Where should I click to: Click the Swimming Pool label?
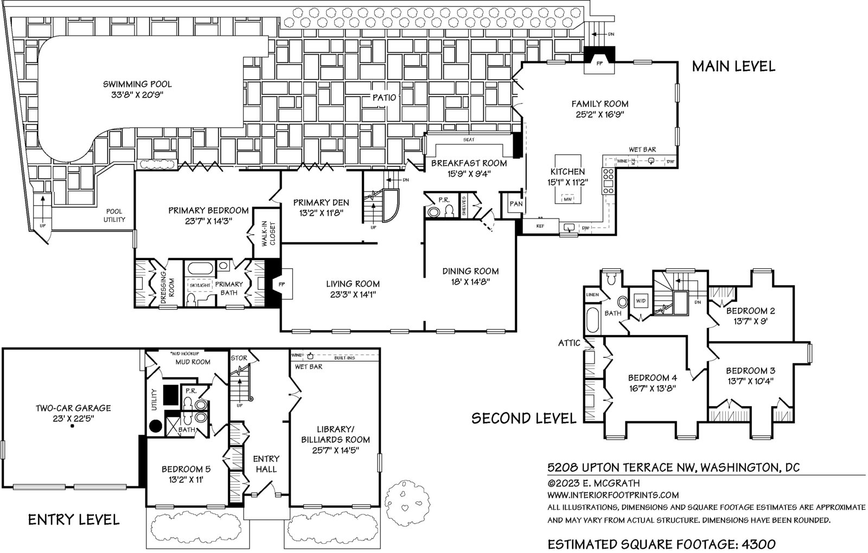click(x=137, y=84)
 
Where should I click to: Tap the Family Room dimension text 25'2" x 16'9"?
click(x=599, y=115)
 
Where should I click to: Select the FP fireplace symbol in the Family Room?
click(x=599, y=63)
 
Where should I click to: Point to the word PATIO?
click(x=384, y=98)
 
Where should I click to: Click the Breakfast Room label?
click(x=469, y=163)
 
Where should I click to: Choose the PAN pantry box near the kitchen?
click(x=515, y=204)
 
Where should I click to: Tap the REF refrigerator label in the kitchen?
click(x=540, y=226)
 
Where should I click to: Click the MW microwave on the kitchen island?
click(x=568, y=200)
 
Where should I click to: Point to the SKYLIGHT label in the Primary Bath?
click(x=200, y=285)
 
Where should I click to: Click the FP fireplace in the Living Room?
click(x=282, y=284)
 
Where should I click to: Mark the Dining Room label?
click(x=470, y=271)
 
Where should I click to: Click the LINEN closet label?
click(x=592, y=295)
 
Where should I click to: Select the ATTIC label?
click(x=569, y=343)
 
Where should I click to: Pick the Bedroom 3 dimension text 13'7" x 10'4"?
click(x=751, y=381)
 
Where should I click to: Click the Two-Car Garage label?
click(x=73, y=408)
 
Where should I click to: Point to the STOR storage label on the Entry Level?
click(x=239, y=358)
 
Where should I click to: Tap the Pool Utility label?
click(x=114, y=216)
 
